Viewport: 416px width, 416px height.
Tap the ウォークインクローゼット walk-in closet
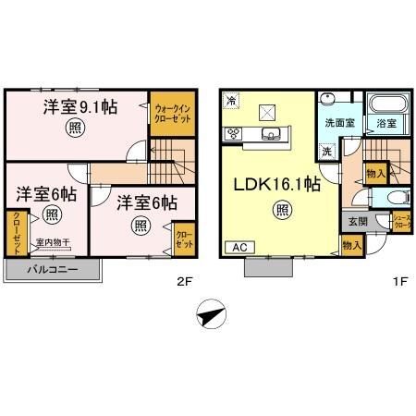click(x=172, y=115)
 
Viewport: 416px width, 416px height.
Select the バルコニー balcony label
click(x=50, y=269)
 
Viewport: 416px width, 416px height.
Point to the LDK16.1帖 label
click(x=277, y=184)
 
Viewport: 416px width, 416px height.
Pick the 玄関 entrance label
click(x=357, y=221)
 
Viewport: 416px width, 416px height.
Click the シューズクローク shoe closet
click(x=402, y=221)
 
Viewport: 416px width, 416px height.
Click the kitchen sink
click(x=271, y=136)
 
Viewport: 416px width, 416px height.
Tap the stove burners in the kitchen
click(x=233, y=134)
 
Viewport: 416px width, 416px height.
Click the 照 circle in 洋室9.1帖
click(x=73, y=130)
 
